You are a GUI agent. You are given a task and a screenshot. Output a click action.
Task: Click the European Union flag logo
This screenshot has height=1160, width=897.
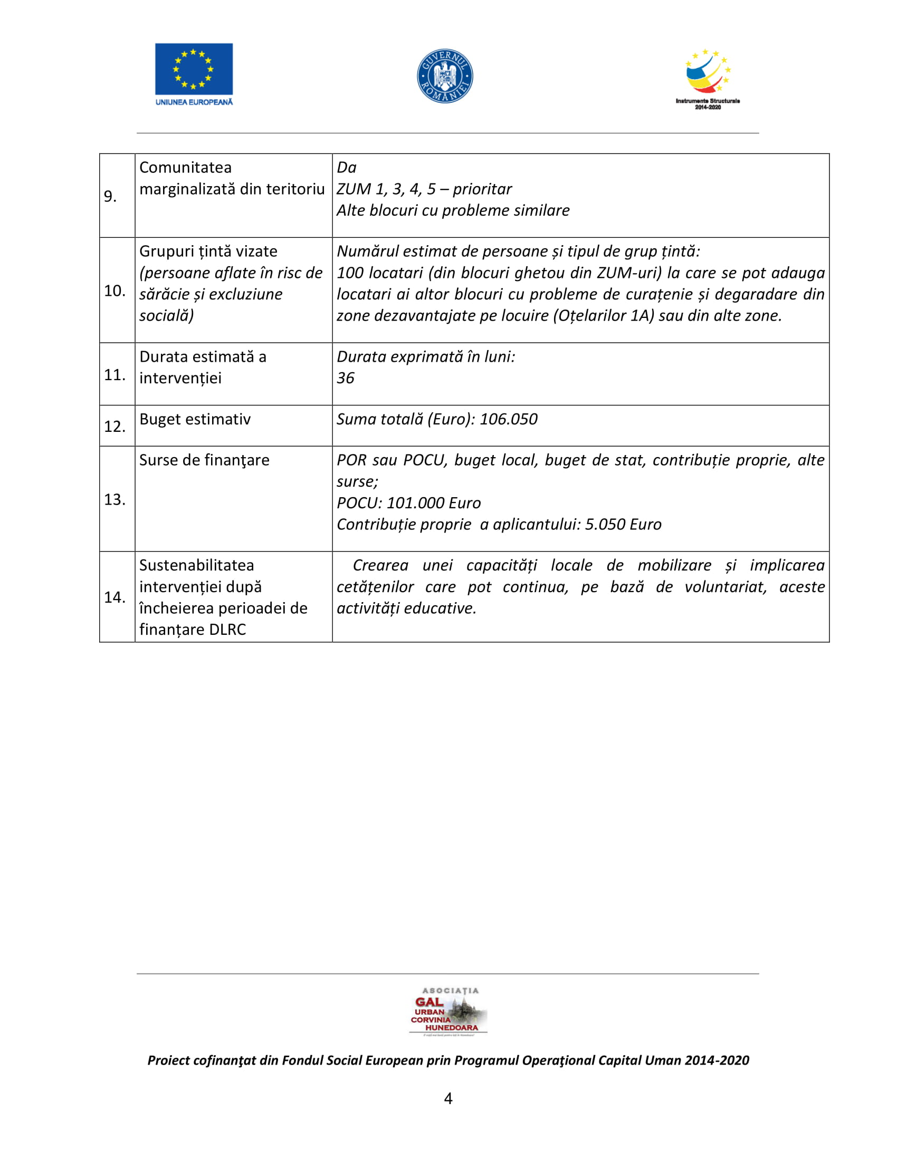[194, 69]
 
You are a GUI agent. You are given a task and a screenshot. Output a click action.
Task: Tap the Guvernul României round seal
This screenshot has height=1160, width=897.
[445, 76]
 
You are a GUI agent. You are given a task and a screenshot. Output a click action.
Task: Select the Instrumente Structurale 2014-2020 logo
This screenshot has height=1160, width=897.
[708, 79]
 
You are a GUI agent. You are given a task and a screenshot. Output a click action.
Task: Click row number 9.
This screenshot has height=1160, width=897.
[110, 197]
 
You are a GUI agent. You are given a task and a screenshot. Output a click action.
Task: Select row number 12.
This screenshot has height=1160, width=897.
[115, 426]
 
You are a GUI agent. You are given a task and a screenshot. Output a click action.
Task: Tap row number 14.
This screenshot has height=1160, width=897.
[115, 597]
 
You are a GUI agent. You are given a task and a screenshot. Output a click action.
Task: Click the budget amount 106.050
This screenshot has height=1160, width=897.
[509, 419]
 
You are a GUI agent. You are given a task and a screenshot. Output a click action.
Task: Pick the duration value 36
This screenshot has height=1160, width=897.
[346, 378]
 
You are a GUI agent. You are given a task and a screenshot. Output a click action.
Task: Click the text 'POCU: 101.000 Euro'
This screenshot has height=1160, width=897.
[408, 502]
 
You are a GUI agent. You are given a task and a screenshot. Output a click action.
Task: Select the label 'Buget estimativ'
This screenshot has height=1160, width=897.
[195, 419]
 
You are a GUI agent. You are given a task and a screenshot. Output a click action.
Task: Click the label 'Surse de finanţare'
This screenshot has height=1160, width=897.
[204, 460]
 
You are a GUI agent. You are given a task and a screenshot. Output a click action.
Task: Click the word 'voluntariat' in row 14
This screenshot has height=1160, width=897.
[726, 587]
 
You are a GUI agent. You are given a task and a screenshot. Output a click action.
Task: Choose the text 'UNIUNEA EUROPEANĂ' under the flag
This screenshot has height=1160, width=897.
[194, 102]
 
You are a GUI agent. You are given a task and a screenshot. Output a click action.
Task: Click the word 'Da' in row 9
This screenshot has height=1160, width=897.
[347, 167]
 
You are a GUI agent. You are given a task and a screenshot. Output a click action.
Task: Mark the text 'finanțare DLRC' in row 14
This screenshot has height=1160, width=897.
[193, 630]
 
